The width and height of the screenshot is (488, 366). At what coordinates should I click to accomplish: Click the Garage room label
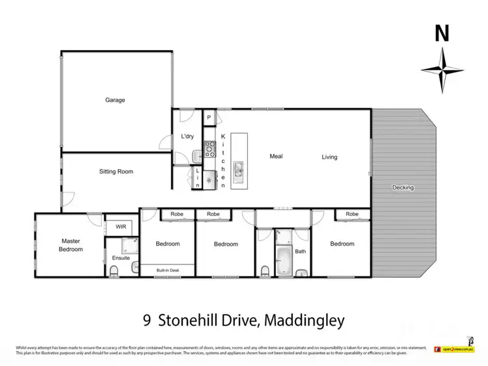115,100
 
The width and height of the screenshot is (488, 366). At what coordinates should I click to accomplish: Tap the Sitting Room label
116,172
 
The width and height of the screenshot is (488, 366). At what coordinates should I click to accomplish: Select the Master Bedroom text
72,245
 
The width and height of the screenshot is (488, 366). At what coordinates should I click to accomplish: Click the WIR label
120,227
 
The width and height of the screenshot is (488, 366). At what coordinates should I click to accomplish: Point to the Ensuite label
121,258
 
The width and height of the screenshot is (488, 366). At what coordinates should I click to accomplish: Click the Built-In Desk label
167,270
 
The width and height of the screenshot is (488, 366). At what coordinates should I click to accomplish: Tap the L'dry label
187,137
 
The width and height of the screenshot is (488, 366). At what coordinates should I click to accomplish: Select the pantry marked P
208,118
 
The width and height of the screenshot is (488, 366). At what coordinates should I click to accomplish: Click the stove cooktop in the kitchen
210,150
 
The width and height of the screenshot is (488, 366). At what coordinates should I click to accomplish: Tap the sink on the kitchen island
239,171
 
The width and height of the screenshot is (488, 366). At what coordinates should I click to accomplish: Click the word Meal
277,156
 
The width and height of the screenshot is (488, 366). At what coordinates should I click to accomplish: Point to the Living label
329,157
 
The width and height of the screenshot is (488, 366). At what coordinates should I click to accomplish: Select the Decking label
403,188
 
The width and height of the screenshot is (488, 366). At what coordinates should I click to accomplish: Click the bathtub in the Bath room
285,261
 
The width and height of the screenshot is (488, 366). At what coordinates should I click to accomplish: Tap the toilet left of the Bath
264,270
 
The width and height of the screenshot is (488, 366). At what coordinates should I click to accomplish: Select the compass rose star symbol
442,70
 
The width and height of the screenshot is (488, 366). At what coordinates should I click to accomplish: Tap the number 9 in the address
147,320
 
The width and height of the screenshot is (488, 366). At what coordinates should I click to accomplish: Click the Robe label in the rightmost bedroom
352,214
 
